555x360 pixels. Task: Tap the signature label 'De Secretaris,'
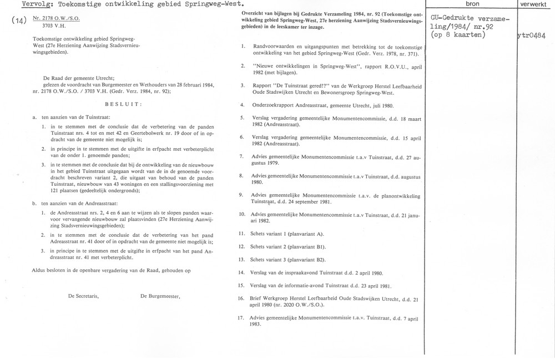point(83,296)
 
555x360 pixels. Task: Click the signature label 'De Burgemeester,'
point(161,296)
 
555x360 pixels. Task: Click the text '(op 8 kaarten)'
point(458,36)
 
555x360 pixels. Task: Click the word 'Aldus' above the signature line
point(41,270)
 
